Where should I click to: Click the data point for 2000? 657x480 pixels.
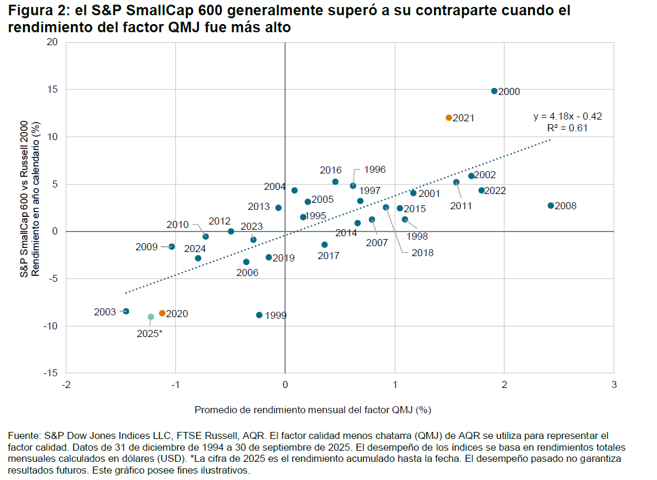pos(494,91)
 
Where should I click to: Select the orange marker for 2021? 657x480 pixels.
pos(449,118)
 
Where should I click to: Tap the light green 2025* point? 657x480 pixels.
pos(151,316)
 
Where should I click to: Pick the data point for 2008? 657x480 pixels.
pos(550,206)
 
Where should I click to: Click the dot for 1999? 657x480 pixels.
pos(259,315)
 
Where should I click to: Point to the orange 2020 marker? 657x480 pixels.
pos(162,314)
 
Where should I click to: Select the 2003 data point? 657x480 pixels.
pos(126,311)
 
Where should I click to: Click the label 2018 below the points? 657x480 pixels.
pos(422,253)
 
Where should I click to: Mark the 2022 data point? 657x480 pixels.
pos(482,190)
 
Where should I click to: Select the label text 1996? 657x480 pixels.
pos(374,169)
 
